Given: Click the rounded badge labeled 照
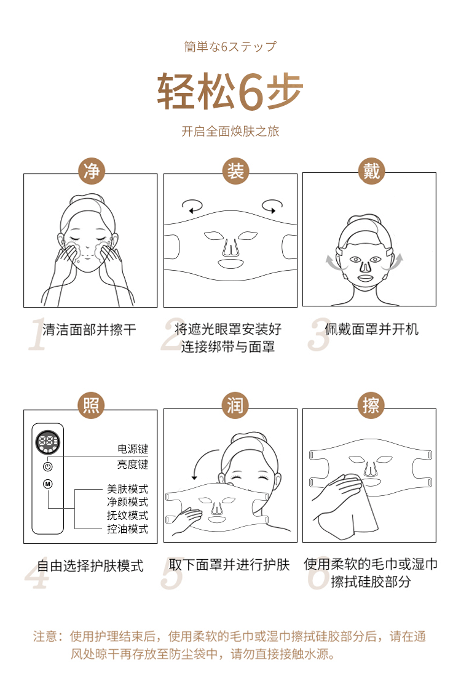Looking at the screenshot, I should (x=91, y=406).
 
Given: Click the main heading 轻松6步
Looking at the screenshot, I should (x=230, y=91).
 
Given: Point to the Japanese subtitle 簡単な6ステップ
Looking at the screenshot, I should (x=230, y=47).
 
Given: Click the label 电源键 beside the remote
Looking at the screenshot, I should (x=133, y=450).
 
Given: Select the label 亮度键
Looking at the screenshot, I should (x=133, y=465).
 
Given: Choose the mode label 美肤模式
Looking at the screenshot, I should (x=128, y=489).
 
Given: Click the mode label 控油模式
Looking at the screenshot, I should (x=128, y=529).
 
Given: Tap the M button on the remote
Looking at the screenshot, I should (x=48, y=484).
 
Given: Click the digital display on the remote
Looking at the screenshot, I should (x=48, y=442).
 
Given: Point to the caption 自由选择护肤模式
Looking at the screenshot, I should (x=90, y=565).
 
